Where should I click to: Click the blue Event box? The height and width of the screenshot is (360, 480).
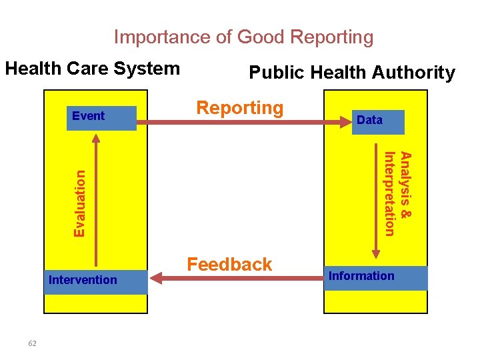[101, 117]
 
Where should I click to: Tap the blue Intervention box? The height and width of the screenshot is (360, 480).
[96, 281]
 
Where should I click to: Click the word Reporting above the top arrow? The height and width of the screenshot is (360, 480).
[239, 108]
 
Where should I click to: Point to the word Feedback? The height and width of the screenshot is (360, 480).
[229, 265]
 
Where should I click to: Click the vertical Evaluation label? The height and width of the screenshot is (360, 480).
[80, 203]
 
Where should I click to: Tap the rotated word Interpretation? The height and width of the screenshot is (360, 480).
[390, 193]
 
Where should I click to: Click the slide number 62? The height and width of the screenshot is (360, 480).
[33, 343]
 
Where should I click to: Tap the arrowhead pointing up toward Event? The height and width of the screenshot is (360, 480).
[97, 140]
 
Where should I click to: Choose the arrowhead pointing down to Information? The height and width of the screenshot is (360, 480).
[375, 253]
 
